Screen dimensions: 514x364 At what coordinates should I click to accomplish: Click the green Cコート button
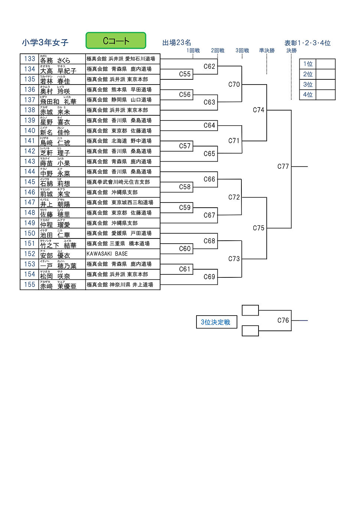(x=116, y=40)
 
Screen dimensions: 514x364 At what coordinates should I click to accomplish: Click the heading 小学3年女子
(x=45, y=42)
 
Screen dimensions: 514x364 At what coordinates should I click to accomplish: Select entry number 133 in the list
(x=30, y=59)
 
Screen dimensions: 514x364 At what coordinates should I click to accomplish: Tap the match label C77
(x=283, y=167)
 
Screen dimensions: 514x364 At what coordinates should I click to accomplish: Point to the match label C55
(x=185, y=74)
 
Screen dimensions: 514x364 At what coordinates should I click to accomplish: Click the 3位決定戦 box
(x=216, y=322)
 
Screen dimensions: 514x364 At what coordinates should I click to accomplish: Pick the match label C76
(x=283, y=320)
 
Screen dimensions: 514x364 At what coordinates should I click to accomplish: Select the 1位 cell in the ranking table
(x=308, y=64)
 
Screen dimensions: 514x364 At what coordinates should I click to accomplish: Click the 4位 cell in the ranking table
(x=308, y=95)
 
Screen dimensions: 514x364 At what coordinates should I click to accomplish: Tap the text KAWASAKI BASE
(x=107, y=254)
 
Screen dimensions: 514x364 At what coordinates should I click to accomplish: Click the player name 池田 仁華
(x=55, y=234)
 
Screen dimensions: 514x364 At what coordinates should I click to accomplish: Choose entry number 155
(x=30, y=284)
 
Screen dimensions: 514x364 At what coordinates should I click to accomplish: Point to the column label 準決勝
(x=267, y=50)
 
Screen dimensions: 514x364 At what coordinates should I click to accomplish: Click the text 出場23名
(x=177, y=43)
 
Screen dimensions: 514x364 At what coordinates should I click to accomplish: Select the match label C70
(x=234, y=85)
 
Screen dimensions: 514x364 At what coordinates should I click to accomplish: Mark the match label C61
(x=185, y=269)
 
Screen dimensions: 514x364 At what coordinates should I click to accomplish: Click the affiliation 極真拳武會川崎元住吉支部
(x=118, y=182)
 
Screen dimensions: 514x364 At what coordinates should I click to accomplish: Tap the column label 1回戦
(x=193, y=50)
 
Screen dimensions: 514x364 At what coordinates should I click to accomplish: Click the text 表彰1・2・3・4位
(x=307, y=43)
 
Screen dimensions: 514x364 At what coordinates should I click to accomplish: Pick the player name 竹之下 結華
(x=58, y=244)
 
